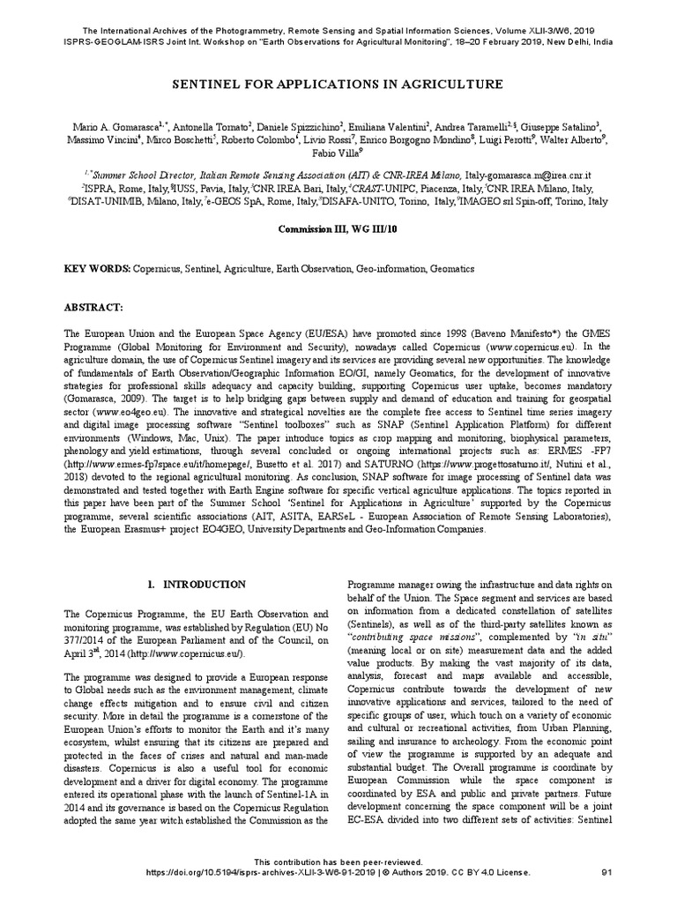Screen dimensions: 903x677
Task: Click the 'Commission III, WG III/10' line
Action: click(338, 228)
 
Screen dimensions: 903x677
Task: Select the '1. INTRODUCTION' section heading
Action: click(197, 584)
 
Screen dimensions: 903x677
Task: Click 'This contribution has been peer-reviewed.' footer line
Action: click(338, 861)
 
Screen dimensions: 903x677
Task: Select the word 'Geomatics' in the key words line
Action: click(452, 267)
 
